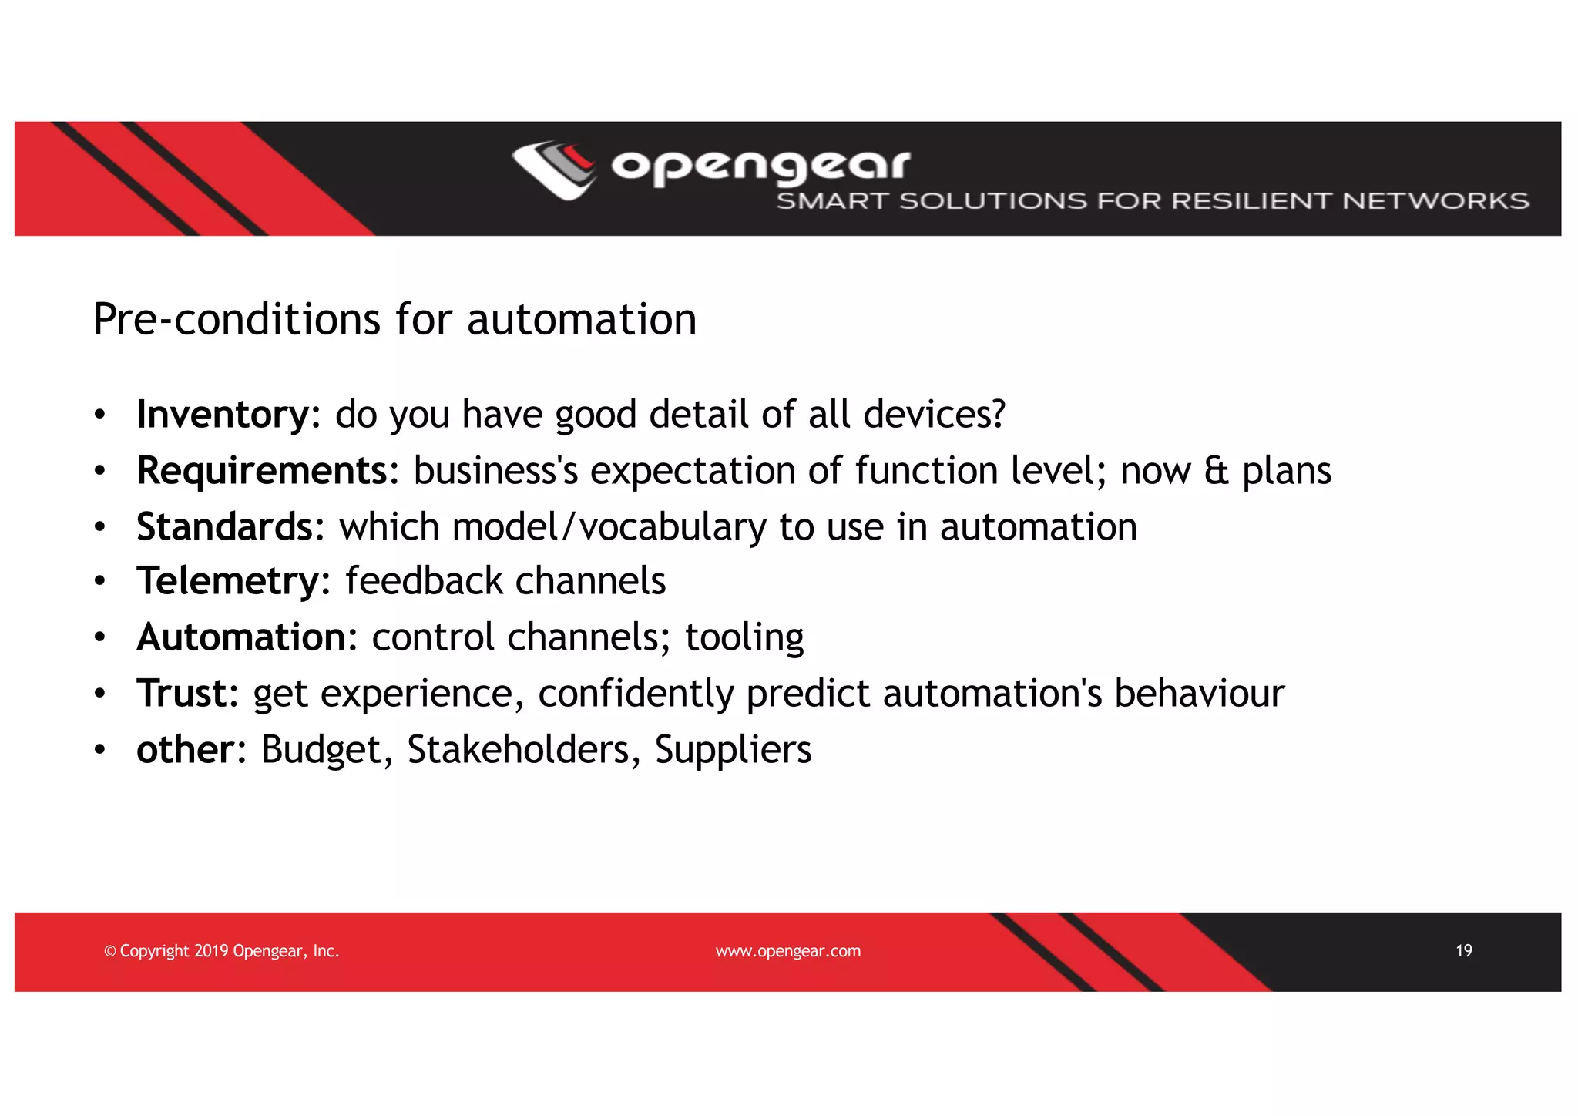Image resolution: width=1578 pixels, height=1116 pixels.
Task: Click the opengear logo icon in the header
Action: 554,169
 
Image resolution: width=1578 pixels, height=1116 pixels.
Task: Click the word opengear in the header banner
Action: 760,165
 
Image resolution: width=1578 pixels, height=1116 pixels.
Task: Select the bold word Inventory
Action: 222,415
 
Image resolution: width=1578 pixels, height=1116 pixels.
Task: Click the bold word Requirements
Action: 262,471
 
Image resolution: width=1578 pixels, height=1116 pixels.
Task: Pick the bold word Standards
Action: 224,527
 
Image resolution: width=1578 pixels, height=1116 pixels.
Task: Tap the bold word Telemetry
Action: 227,581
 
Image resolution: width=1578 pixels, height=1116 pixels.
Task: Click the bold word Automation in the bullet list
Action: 241,637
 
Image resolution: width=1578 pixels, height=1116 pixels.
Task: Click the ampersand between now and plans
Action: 1216,471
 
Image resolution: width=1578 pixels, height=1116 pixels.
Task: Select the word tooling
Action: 744,638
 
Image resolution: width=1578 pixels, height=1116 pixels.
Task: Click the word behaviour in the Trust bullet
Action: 1199,694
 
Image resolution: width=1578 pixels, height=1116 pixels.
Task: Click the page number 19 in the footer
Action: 1463,951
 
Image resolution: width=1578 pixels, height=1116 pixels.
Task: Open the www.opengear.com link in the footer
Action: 787,952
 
